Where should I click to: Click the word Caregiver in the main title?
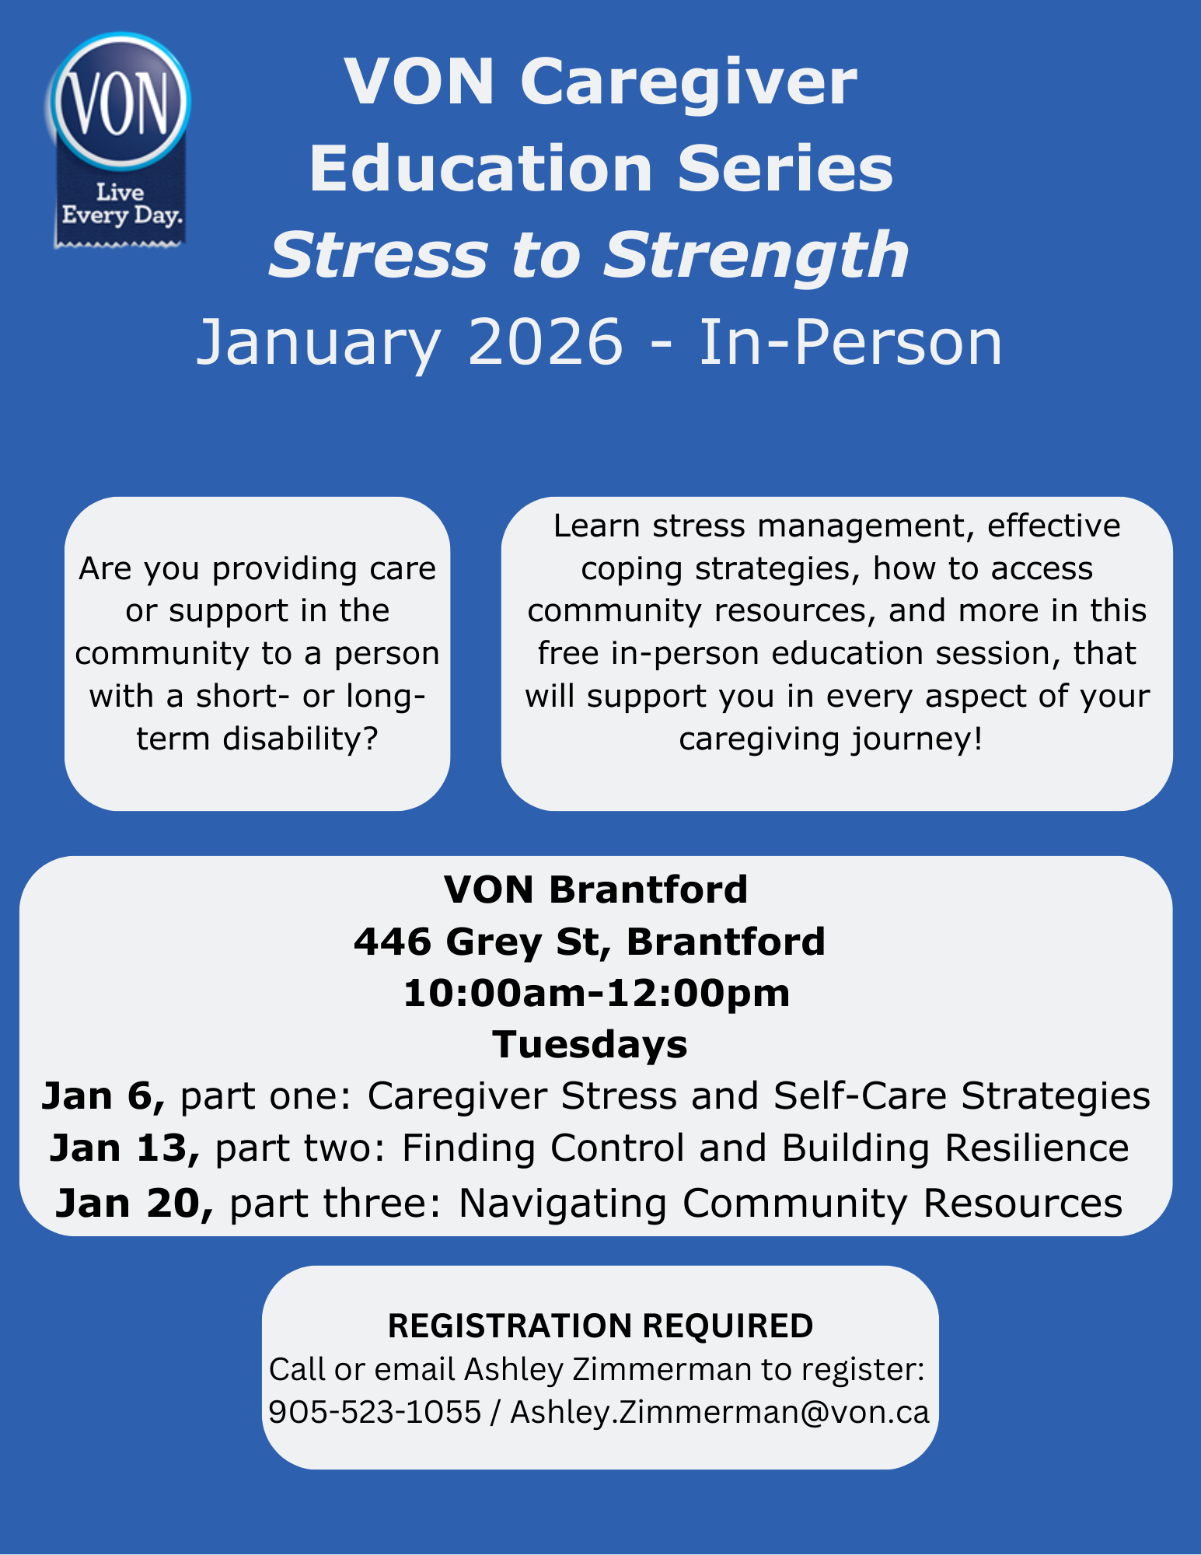click(689, 82)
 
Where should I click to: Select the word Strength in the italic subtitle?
click(756, 255)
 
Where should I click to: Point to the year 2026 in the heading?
click(545, 342)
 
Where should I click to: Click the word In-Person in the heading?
click(850, 342)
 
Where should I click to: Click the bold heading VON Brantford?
click(595, 889)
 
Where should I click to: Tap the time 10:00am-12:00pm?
click(596, 993)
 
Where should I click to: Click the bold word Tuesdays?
click(590, 1044)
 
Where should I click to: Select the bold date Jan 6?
click(103, 1096)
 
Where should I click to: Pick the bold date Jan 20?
click(134, 1203)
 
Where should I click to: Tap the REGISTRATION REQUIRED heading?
click(600, 1326)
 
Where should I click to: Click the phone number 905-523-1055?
click(375, 1412)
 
